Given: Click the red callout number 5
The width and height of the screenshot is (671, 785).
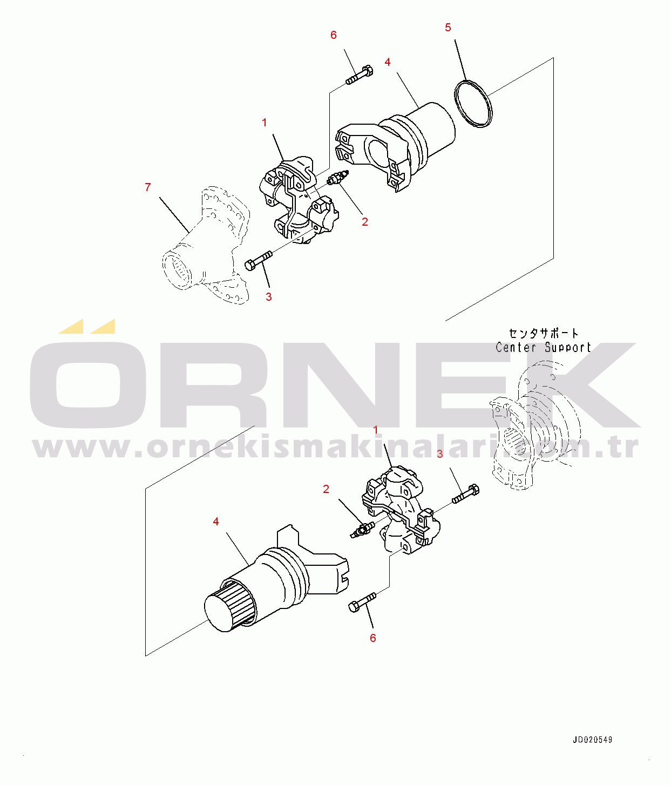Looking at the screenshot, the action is (448, 28).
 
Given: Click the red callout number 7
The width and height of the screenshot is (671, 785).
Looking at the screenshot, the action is (148, 187).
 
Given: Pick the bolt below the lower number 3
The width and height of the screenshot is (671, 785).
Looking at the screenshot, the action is (465, 494).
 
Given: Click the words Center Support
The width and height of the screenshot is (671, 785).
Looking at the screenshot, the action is (544, 347).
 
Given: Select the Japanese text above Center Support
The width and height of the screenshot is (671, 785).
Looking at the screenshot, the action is (544, 334).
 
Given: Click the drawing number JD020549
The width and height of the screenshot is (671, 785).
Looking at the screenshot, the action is (592, 740).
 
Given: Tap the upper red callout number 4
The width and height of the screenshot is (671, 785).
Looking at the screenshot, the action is (388, 62).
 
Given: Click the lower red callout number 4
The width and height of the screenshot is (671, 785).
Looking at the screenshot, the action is (216, 522).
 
